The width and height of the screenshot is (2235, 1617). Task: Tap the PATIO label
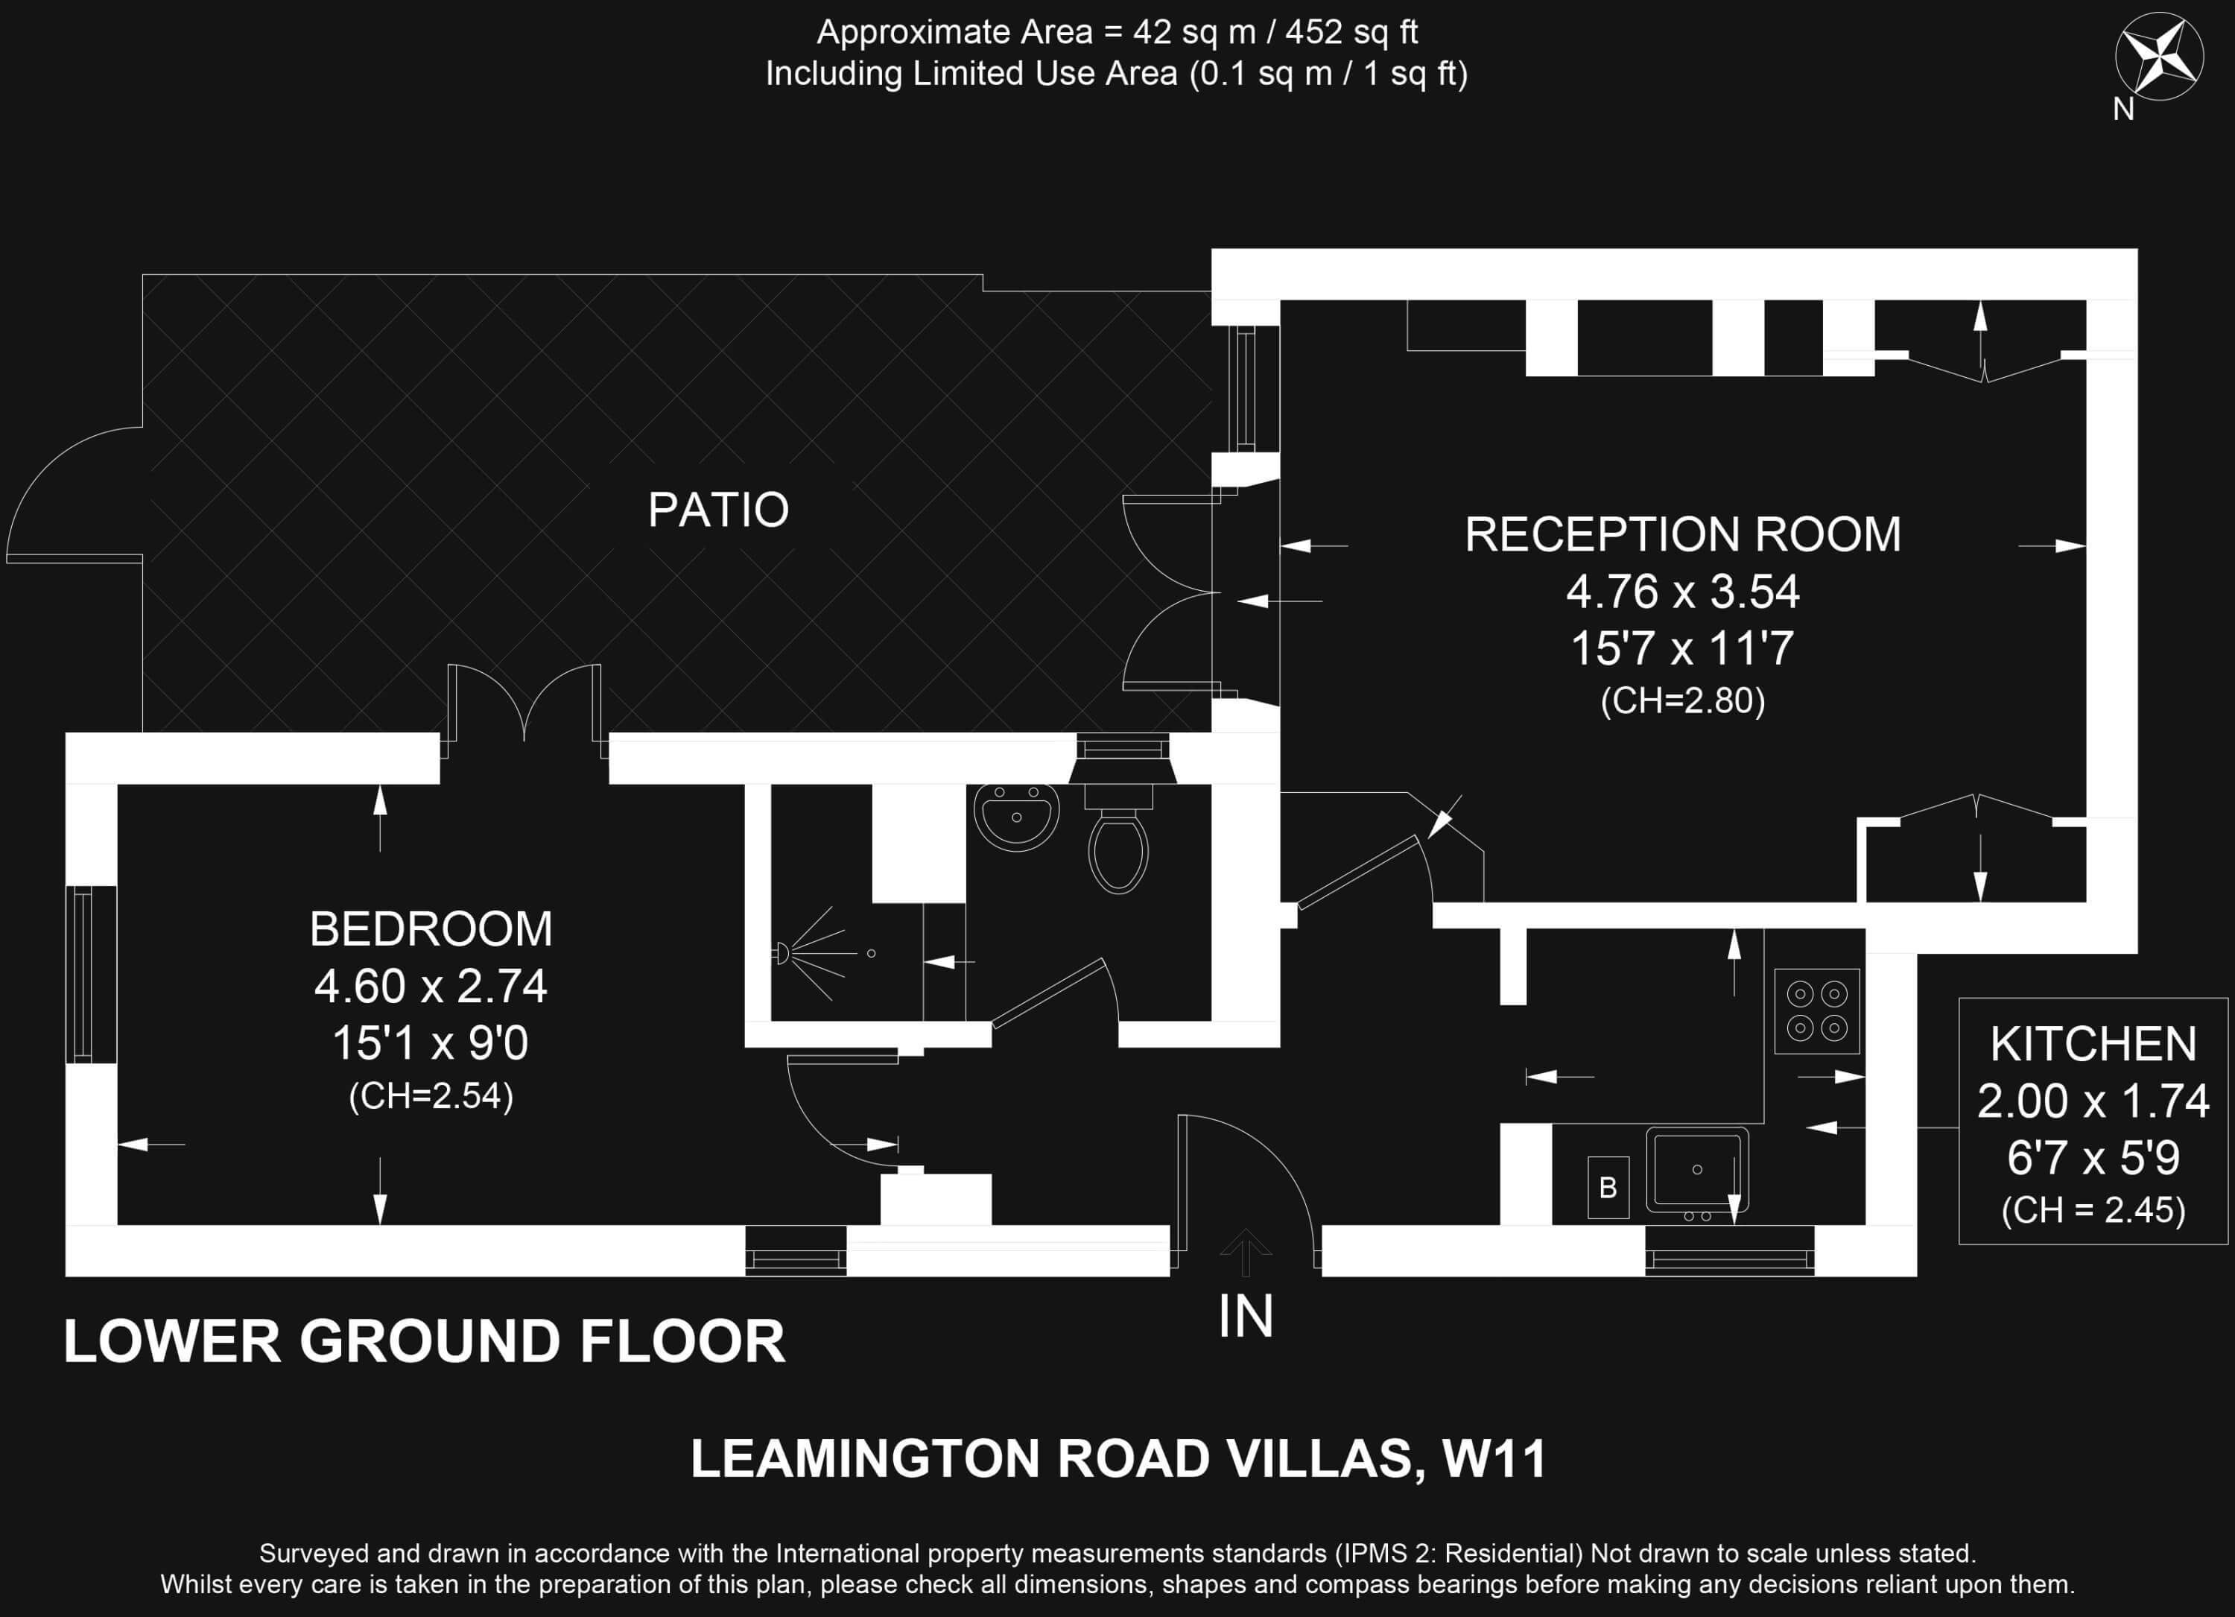(x=718, y=510)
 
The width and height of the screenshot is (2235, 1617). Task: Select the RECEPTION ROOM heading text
(x=1683, y=534)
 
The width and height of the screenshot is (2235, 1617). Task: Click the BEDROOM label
(x=431, y=928)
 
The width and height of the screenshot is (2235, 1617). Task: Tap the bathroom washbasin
(x=1016, y=816)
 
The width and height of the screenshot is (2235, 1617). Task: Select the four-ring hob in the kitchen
(x=1817, y=1011)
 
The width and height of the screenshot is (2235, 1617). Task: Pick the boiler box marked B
(x=1608, y=1187)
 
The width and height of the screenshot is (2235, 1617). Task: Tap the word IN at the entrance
(x=1246, y=1317)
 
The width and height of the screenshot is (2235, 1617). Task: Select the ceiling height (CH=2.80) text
(x=1683, y=700)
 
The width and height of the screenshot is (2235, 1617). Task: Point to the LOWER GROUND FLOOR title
(x=425, y=1341)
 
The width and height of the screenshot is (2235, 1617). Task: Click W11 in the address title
(x=1494, y=1459)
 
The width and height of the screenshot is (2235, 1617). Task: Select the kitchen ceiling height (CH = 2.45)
(x=2094, y=1210)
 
